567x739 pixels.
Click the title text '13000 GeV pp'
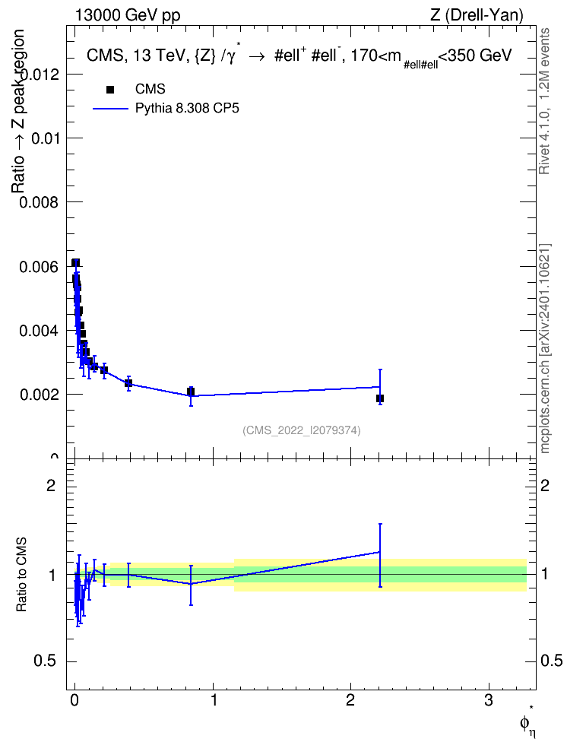[x=128, y=16]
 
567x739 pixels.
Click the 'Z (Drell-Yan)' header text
[x=477, y=16]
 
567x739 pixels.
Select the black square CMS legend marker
[x=110, y=90]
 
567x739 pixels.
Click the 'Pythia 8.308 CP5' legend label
[x=187, y=109]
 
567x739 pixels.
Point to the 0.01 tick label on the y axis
[x=44, y=138]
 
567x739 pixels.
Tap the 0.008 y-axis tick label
[x=38, y=203]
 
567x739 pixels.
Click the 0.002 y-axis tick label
[x=38, y=395]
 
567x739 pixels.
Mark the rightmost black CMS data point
[x=380, y=398]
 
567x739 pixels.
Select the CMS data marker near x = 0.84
[x=191, y=392]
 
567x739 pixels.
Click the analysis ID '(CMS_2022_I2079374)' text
[x=302, y=430]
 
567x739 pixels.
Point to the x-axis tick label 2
[x=350, y=700]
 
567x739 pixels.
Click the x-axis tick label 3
[x=488, y=700]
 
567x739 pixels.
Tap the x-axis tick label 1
[x=213, y=700]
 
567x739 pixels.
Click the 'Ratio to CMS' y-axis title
[x=21, y=575]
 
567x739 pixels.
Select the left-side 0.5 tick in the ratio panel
[x=45, y=661]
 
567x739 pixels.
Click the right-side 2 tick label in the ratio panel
[x=545, y=485]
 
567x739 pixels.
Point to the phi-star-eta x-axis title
[x=528, y=724]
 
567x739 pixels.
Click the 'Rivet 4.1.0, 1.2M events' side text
[x=544, y=101]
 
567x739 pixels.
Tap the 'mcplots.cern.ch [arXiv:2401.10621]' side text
[x=544, y=349]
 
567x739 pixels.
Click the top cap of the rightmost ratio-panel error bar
[x=380, y=524]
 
